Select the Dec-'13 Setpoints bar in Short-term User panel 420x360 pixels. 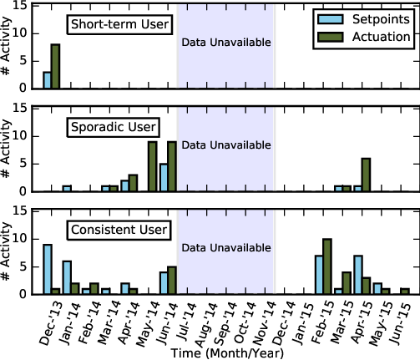(x=48, y=80)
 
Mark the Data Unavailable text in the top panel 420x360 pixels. (x=226, y=43)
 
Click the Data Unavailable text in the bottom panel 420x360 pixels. (x=226, y=248)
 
